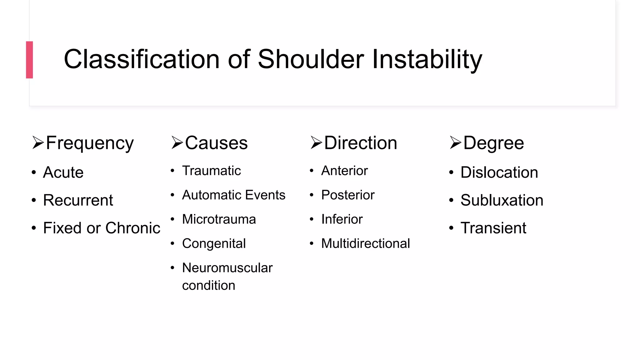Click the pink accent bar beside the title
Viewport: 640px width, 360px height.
(29, 60)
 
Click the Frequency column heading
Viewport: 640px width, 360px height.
(90, 143)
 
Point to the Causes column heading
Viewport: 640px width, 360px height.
(216, 143)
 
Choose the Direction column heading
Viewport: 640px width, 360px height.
(360, 143)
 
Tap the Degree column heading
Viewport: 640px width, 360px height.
(493, 143)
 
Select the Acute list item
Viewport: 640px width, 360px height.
(63, 172)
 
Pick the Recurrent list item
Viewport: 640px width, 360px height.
(78, 200)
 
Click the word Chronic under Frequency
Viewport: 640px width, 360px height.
(133, 228)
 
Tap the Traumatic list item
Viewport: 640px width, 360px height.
(211, 171)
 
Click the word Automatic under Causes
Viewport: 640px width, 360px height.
(207, 195)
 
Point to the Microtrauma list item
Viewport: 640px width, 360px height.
(219, 219)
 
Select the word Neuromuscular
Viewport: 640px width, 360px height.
(227, 268)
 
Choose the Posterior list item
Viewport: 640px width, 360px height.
(347, 195)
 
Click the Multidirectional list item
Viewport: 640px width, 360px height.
(365, 243)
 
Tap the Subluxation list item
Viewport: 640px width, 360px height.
(502, 200)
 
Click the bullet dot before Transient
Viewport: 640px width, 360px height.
(451, 228)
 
